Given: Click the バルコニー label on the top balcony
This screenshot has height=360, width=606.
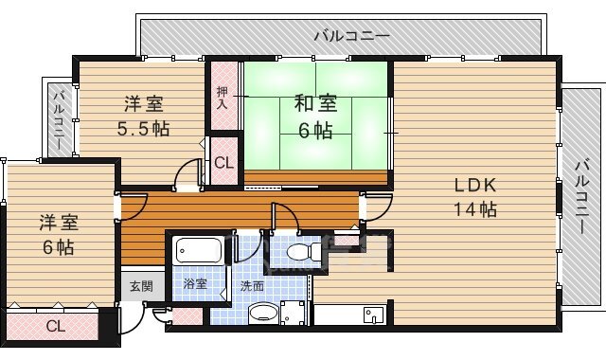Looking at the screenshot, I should (x=351, y=36).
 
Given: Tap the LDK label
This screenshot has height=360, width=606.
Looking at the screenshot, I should (x=474, y=185).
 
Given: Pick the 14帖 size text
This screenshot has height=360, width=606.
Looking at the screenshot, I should (x=474, y=209).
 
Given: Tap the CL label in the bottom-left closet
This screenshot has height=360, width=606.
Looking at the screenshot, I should (x=55, y=327).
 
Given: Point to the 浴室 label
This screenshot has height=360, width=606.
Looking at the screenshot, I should (x=195, y=284).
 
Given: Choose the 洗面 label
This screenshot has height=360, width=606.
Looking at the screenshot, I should (x=251, y=284).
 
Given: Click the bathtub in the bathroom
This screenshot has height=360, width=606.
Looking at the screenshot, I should (x=198, y=253).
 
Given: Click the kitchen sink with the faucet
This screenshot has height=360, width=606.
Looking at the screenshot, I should (x=370, y=315).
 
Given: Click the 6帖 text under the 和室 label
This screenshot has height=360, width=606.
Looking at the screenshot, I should (x=317, y=130).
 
